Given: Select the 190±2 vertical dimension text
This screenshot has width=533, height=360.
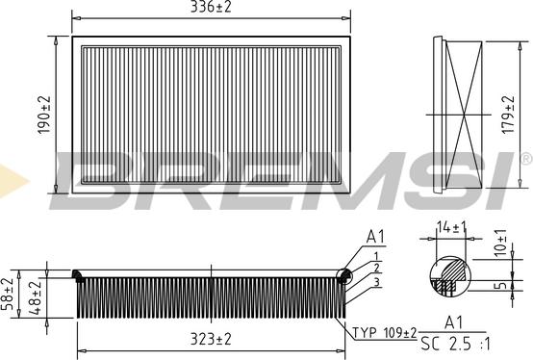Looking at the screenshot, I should pyautogui.click(x=41, y=114).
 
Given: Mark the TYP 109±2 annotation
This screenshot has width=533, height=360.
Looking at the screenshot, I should pyautogui.click(x=384, y=333).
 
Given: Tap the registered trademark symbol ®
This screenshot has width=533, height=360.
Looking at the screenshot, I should pyautogui.click(x=525, y=157).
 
